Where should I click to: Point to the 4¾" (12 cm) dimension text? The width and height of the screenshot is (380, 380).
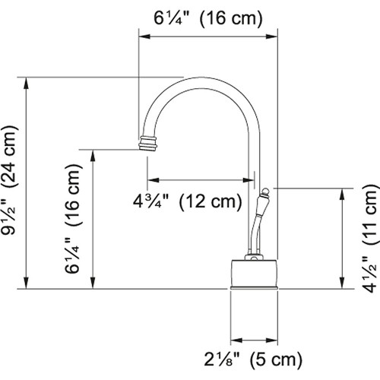point(187,202)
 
